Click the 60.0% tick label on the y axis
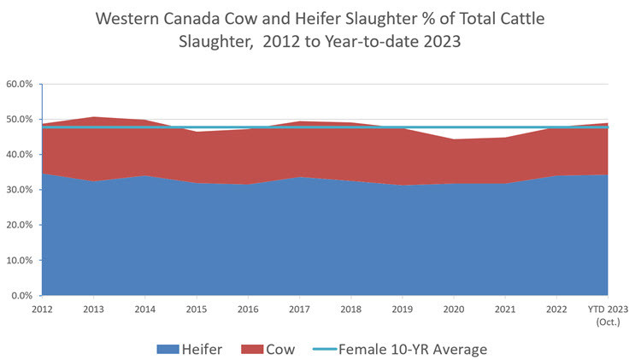coord(20,85)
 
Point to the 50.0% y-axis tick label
coord(20,120)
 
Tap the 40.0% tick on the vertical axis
coord(20,155)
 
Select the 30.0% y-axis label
coord(20,190)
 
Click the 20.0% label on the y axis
coord(20,225)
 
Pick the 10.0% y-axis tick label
coord(20,260)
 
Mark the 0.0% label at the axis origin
coord(21,295)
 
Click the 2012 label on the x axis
coord(41,308)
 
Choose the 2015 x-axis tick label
coord(196,308)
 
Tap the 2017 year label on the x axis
coord(299,308)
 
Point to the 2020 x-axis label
coord(454,308)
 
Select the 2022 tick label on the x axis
coord(556,308)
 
